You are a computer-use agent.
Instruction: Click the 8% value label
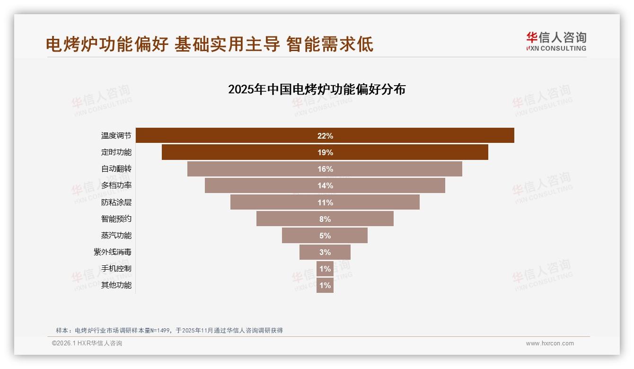click(x=325, y=219)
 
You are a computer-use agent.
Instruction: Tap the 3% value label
click(x=325, y=252)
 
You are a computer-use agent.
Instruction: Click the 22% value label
click(x=325, y=136)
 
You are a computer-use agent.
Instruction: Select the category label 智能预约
click(x=116, y=219)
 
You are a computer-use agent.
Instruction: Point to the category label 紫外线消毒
click(x=113, y=252)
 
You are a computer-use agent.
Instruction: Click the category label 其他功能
click(x=116, y=285)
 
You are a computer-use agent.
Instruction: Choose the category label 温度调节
click(x=116, y=136)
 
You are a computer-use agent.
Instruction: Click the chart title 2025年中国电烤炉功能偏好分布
click(x=317, y=89)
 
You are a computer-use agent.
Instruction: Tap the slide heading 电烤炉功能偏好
click(x=107, y=44)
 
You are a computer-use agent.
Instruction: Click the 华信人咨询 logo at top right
click(x=556, y=41)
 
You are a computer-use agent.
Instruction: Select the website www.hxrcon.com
click(x=550, y=343)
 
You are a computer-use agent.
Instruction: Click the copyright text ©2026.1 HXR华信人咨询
click(x=87, y=343)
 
